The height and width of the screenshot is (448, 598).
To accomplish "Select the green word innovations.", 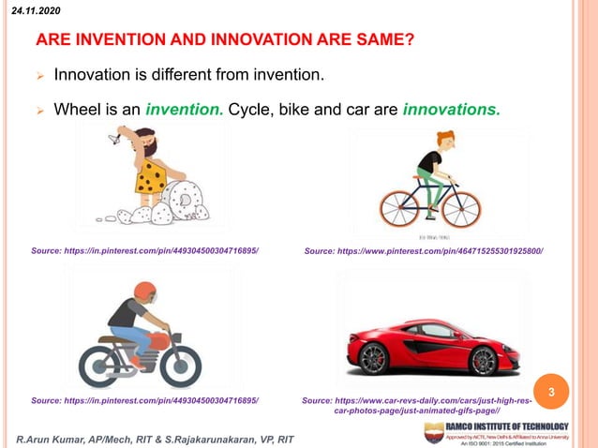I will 451,111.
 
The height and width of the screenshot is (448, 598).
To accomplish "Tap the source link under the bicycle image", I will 424,251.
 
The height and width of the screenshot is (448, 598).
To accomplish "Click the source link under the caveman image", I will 145,251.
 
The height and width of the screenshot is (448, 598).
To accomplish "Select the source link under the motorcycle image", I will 145,401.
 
